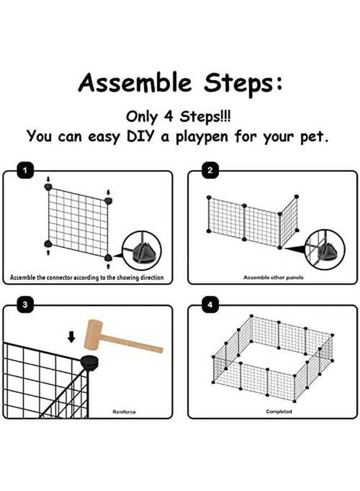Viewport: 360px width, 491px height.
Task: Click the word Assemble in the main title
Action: pyautogui.click(x=135, y=83)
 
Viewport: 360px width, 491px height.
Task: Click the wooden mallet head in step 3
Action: pyautogui.click(x=94, y=333)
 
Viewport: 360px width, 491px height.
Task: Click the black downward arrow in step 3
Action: pyautogui.click(x=71, y=338)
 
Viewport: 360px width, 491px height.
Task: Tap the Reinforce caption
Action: pyautogui.click(x=124, y=412)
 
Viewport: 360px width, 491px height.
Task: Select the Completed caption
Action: pyautogui.click(x=279, y=412)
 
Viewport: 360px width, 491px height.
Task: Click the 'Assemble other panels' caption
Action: pyautogui.click(x=273, y=278)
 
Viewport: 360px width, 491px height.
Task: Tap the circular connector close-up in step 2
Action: pyautogui.click(x=325, y=249)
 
